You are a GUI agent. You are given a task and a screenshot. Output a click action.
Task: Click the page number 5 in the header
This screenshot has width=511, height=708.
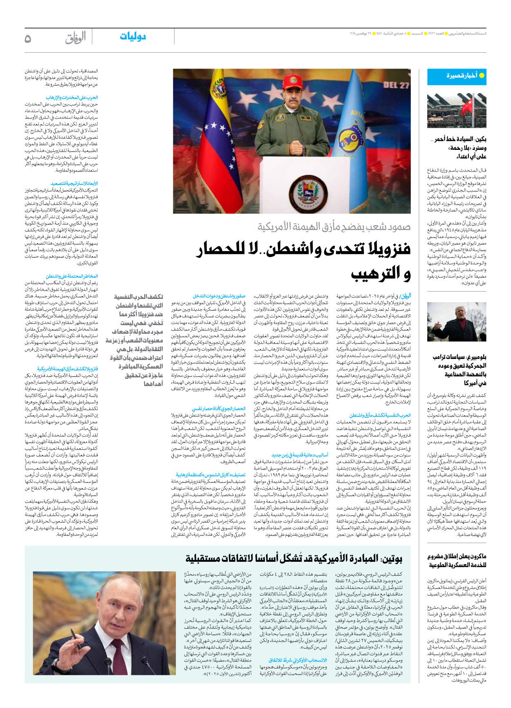(28, 38)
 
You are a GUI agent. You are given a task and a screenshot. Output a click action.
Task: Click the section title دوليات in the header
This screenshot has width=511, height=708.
(133, 37)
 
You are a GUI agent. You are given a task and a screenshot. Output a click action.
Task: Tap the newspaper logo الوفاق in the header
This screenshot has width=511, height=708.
(76, 38)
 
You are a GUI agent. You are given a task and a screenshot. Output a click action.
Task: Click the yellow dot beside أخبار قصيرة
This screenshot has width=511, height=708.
(482, 76)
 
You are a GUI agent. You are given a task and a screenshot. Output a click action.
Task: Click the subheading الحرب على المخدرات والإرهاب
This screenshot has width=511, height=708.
(72, 98)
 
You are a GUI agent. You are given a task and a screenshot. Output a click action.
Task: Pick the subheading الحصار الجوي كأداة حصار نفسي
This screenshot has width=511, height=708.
(219, 409)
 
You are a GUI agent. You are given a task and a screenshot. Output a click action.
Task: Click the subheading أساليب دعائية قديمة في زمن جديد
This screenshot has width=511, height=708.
(300, 455)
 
